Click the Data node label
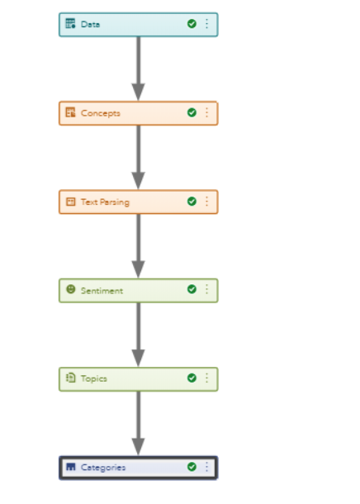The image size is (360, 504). tap(90, 25)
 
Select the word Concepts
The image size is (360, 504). tap(101, 113)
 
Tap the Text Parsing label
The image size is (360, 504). tap(105, 202)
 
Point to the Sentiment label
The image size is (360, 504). tap(102, 291)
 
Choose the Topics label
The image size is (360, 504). tap(94, 378)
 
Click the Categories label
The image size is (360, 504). tap(103, 468)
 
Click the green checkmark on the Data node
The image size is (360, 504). tap(192, 24)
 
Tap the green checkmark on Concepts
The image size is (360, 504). tap(192, 112)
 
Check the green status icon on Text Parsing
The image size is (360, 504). tap(192, 202)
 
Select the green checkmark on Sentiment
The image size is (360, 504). tap(192, 289)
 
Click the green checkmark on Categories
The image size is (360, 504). tap(192, 467)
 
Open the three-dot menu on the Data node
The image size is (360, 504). tap(206, 24)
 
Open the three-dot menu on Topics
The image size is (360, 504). tap(206, 378)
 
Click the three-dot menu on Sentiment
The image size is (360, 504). tap(206, 289)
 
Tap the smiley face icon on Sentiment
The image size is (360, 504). tap(71, 289)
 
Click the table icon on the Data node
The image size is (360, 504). tap(70, 23)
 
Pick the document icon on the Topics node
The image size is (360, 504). tap(71, 378)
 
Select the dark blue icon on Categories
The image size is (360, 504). tap(71, 467)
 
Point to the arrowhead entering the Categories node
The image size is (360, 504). tap(138, 447)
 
